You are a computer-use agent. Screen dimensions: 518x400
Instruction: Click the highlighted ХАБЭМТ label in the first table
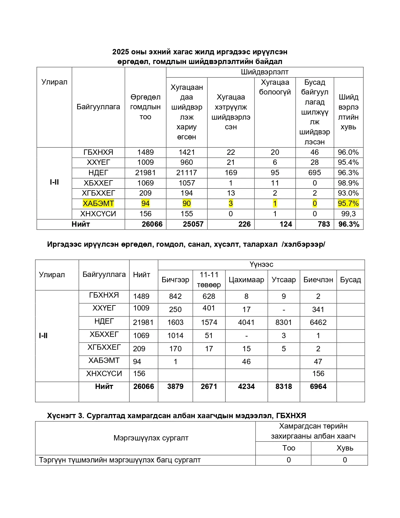pos(98,203)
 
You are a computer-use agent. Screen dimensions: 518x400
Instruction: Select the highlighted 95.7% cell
pos(348,203)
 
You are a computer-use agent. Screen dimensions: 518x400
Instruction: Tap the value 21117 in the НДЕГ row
pos(187,173)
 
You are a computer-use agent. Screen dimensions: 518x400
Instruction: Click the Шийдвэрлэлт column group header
pos(264,72)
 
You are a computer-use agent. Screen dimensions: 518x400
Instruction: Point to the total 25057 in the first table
pos(193,224)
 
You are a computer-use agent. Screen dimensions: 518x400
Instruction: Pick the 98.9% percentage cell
pos(348,183)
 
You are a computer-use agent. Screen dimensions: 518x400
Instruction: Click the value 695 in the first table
pos(314,173)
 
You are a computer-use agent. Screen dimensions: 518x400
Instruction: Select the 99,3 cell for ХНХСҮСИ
pos(348,214)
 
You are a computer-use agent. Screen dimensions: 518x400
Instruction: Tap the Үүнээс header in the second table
pos(261,264)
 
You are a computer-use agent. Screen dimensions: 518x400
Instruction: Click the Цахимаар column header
pos(246,280)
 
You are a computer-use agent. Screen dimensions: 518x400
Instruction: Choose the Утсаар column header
pos(284,280)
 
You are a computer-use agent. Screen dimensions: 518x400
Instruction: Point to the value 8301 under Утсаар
pos(284,322)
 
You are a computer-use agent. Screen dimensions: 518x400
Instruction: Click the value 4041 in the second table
pos(246,322)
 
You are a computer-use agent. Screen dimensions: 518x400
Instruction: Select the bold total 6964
pos(318,386)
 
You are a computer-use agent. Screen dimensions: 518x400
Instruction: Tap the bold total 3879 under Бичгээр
pos(175,386)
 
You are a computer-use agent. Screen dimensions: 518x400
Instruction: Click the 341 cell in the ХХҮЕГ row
pos(318,310)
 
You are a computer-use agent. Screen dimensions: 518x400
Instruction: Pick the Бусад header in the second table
pos(350,280)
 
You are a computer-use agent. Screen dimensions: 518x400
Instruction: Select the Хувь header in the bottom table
pos(345,448)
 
